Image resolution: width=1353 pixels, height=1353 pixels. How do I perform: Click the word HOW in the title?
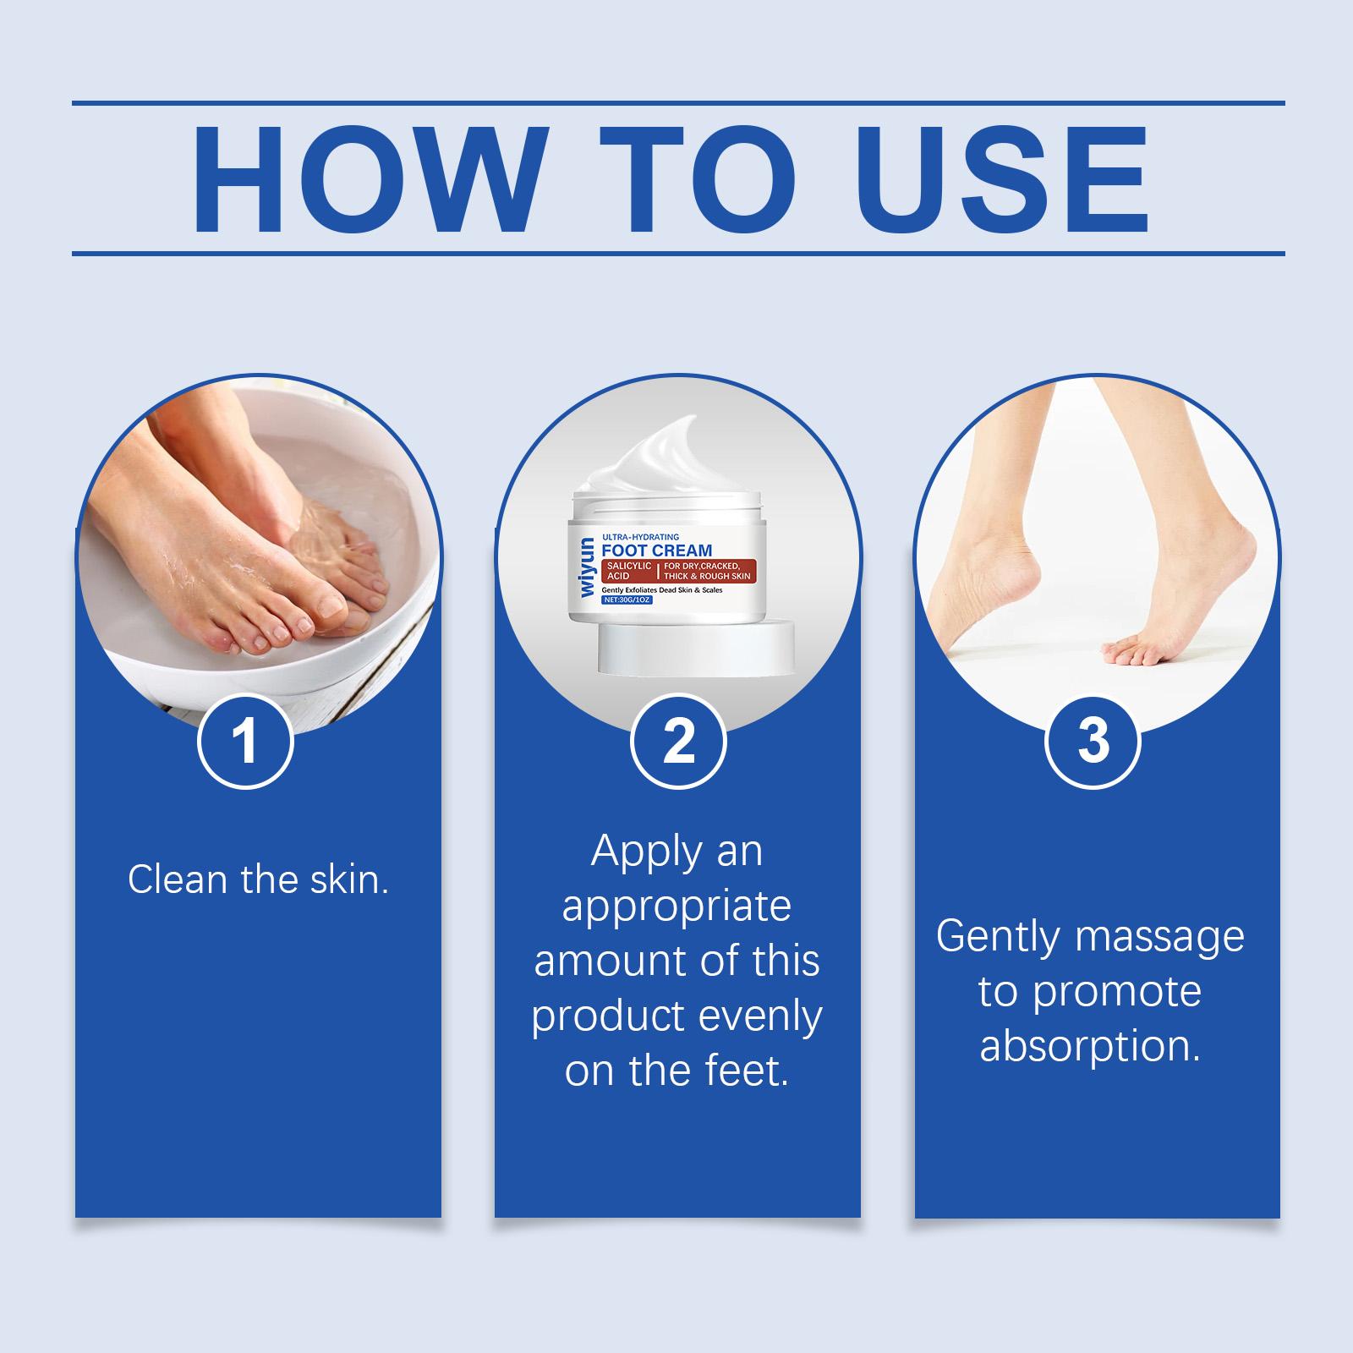pos(367,180)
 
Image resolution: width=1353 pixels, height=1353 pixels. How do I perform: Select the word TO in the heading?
pos(702,180)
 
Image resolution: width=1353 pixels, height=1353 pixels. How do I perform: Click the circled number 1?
pos(245,741)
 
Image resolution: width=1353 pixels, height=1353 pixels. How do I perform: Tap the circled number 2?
pos(678,741)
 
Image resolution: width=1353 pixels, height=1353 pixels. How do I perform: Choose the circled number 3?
pos(1093,741)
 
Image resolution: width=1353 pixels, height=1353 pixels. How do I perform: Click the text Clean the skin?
pos(258,879)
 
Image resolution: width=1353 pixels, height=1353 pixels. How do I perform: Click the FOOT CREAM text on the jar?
pos(657,551)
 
